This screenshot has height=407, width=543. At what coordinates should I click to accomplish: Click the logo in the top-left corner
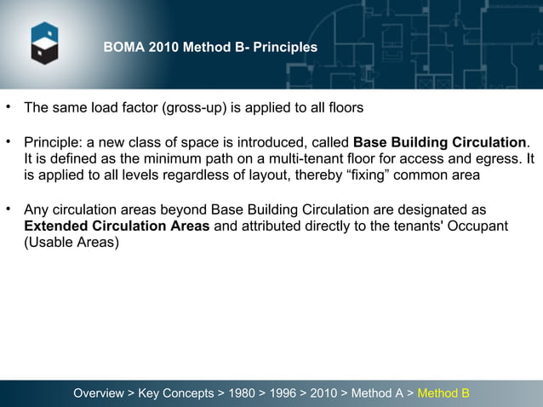pos(44,43)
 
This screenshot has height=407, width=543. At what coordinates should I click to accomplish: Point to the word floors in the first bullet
pos(345,108)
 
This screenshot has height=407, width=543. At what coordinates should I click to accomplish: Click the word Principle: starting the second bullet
pos(53,141)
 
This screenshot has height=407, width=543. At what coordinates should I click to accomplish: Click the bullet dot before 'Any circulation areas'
pos(9,209)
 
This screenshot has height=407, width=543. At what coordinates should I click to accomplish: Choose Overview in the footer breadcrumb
pos(98,393)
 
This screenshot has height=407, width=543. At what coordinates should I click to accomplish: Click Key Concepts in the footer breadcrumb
pos(175,393)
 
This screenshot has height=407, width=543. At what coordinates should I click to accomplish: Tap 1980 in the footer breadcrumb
pos(241,393)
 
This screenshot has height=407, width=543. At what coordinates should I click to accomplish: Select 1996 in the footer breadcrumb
pos(283,393)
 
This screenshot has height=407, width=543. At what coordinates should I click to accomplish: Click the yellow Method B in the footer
pos(443,393)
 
